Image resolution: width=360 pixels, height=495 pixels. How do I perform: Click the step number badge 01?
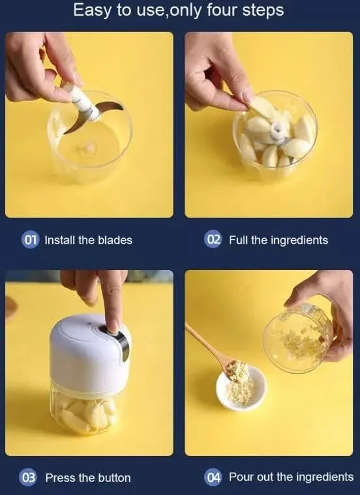pyautogui.click(x=31, y=240)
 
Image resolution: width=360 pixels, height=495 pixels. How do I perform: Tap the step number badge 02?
pyautogui.click(x=213, y=240)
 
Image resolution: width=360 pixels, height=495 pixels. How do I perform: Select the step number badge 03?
pyautogui.click(x=29, y=477)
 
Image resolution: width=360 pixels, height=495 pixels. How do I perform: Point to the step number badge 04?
pyautogui.click(x=213, y=477)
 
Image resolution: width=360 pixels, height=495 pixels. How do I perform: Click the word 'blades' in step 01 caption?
pyautogui.click(x=115, y=240)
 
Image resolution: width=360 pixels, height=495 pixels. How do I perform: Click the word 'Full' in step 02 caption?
pyautogui.click(x=238, y=240)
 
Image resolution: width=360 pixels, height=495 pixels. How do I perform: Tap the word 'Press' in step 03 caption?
pyautogui.click(x=60, y=477)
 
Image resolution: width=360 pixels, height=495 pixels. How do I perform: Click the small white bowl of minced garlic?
pyautogui.click(x=241, y=388)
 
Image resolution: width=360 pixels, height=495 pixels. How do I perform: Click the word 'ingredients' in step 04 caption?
pyautogui.click(x=323, y=477)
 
